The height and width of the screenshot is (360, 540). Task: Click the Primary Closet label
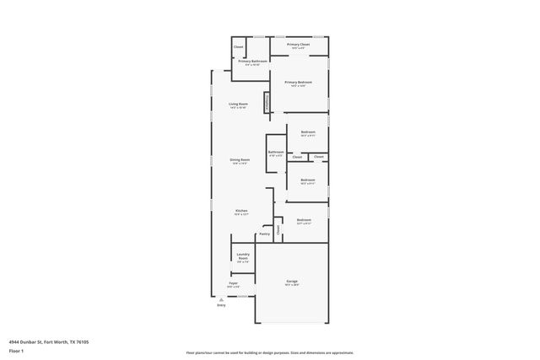299,45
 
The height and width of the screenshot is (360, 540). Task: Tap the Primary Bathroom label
252,62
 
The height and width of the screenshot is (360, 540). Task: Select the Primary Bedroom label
298,83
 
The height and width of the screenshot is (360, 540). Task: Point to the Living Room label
238,105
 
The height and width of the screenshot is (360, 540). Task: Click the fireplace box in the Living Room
267,102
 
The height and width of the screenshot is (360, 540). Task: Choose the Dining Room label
240,160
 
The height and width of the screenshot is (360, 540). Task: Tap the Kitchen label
241,211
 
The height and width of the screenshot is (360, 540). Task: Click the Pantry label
264,234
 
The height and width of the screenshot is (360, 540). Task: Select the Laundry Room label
242,256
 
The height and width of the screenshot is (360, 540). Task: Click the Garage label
292,282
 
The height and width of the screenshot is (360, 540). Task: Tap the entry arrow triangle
221,298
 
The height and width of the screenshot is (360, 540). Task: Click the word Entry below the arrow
221,305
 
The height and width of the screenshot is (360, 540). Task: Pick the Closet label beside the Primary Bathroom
239,46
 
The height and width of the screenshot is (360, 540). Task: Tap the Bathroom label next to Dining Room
276,153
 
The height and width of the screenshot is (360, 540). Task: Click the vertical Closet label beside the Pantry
277,228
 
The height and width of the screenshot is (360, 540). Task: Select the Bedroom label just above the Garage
304,221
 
